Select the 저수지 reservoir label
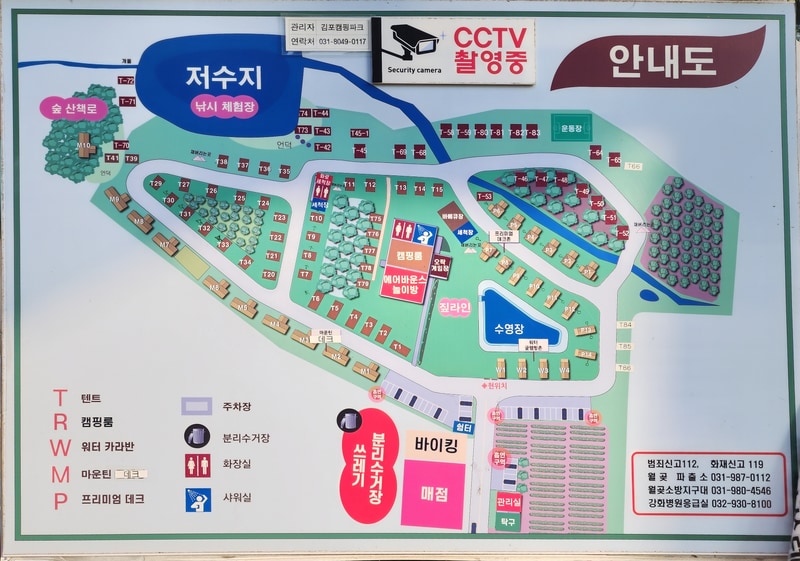click(x=222, y=77)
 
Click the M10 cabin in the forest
click(x=85, y=145)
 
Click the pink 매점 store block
click(x=433, y=494)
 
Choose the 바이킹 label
click(x=435, y=443)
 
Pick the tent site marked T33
click(x=223, y=245)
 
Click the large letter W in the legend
click(x=61, y=449)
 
